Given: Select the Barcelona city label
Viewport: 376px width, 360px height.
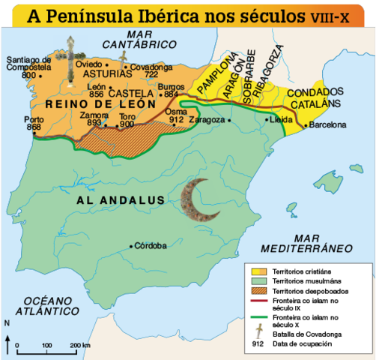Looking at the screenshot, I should coord(327,124).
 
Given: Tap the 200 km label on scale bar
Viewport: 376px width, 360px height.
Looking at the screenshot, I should coord(81,345).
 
